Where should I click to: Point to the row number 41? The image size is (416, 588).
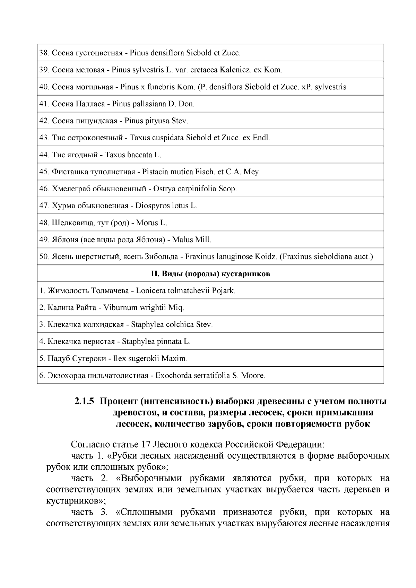44,104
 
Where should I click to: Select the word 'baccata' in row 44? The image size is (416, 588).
141,155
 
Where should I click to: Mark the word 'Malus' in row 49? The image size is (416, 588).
183,240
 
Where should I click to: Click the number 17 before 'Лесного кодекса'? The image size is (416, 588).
146,445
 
